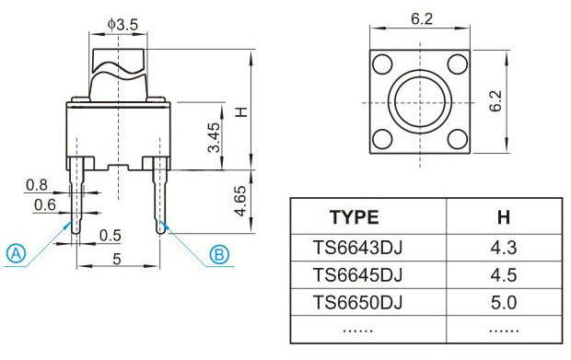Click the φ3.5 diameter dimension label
122,25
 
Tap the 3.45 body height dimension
214,137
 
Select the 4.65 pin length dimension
240,201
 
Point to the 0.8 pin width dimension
37,185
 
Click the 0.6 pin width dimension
45,205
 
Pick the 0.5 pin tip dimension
110,236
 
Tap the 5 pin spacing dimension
117,259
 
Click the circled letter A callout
16,253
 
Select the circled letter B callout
219,254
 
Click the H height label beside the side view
241,111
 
